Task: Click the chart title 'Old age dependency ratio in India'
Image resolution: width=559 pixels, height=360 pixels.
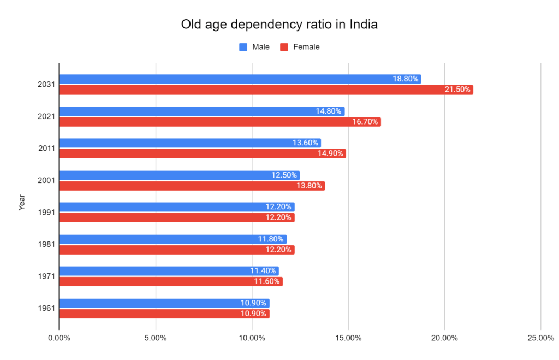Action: pyautogui.click(x=279, y=25)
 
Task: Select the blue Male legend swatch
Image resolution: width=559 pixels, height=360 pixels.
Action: pyautogui.click(x=243, y=47)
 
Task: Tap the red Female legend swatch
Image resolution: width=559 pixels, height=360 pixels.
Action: pyautogui.click(x=284, y=47)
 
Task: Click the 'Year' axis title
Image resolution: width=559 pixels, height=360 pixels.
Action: pyautogui.click(x=22, y=202)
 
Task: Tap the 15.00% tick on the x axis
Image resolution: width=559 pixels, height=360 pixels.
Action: pyautogui.click(x=348, y=338)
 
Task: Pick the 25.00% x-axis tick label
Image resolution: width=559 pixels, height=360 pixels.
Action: pyautogui.click(x=540, y=338)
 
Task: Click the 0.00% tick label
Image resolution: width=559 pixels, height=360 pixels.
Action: pyautogui.click(x=59, y=338)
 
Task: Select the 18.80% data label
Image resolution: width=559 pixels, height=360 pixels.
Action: pyautogui.click(x=406, y=79)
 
